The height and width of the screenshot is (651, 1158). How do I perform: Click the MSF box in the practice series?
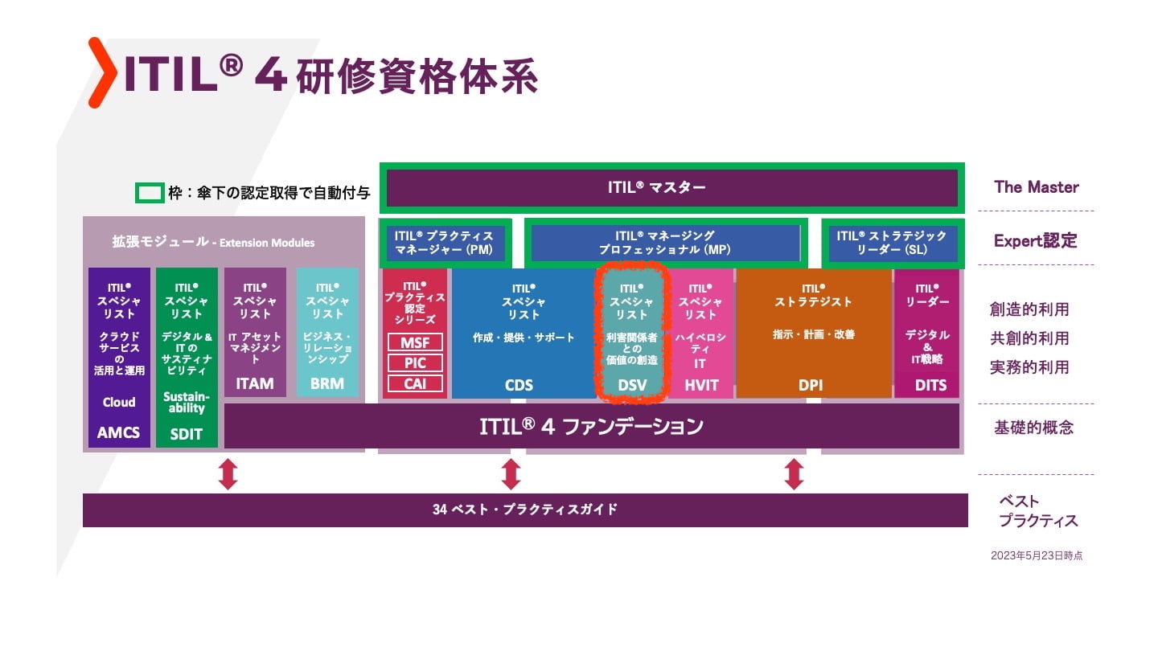pyautogui.click(x=415, y=342)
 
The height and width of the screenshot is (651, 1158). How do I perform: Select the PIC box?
pyautogui.click(x=415, y=363)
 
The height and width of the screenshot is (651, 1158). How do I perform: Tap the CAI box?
pyautogui.click(x=415, y=384)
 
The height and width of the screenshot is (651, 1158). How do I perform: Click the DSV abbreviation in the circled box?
pyautogui.click(x=632, y=386)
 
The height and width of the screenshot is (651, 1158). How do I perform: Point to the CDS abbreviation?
pyautogui.click(x=519, y=386)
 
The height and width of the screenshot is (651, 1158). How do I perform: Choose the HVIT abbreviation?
pyautogui.click(x=701, y=386)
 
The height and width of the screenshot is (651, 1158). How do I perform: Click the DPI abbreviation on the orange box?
pyautogui.click(x=810, y=386)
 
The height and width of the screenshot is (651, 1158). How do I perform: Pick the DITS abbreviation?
pyautogui.click(x=930, y=386)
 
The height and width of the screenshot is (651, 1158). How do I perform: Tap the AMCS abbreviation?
pyautogui.click(x=118, y=432)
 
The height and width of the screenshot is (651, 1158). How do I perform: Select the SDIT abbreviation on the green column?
pyautogui.click(x=186, y=434)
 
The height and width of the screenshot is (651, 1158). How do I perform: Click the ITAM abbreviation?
pyautogui.click(x=254, y=384)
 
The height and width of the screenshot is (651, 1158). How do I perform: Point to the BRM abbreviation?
pyautogui.click(x=326, y=384)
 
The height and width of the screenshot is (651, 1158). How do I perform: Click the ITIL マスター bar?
pyautogui.click(x=672, y=188)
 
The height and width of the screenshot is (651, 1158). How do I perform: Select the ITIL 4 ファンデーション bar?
pyautogui.click(x=591, y=426)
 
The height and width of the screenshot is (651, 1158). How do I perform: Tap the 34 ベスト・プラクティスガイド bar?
pyautogui.click(x=525, y=510)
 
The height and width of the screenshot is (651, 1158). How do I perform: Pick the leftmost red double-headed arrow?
pyautogui.click(x=228, y=474)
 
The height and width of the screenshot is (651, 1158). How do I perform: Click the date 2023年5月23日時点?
pyautogui.click(x=1037, y=556)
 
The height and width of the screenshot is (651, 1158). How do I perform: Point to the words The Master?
pyautogui.click(x=1037, y=187)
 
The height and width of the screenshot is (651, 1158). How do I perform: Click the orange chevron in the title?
pyautogui.click(x=102, y=72)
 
